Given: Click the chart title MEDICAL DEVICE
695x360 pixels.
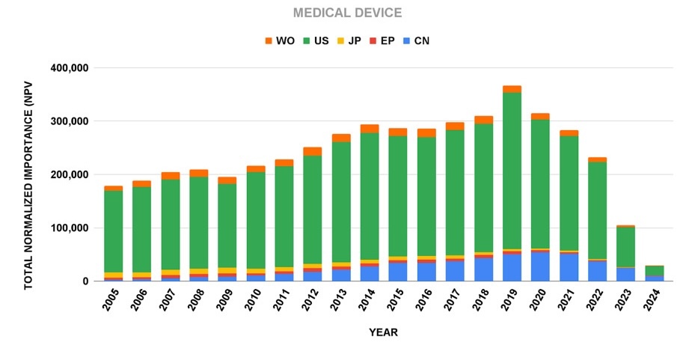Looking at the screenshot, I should [346, 13].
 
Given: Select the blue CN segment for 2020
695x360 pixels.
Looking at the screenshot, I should [540, 266].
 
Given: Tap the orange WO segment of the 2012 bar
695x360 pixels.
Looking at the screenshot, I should [313, 151].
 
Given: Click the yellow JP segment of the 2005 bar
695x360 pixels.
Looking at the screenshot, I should [114, 275].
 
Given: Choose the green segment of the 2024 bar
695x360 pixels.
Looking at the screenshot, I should [654, 270].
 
